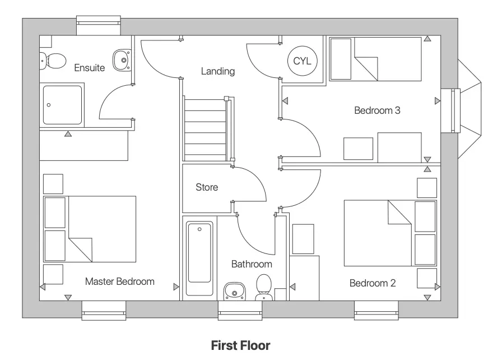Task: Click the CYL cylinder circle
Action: coord(302,61)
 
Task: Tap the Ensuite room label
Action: coord(90,68)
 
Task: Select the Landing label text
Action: coord(218,71)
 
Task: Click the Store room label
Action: coord(206,187)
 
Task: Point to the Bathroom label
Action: coord(252,264)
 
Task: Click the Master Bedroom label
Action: coord(119,281)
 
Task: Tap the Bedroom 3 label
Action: coord(376,110)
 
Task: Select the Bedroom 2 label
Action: coord(372,283)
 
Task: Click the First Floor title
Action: coord(240,345)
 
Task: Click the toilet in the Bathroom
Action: coord(263,287)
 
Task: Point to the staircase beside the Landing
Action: coord(206,128)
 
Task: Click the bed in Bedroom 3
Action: coord(375,59)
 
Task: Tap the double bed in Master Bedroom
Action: coord(90,229)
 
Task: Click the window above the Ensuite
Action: coord(99,21)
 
